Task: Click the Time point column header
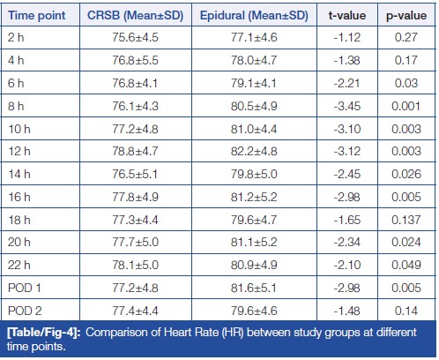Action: [37, 15]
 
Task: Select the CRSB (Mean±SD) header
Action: [135, 16]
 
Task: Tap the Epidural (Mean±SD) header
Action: [254, 16]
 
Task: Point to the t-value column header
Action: [347, 16]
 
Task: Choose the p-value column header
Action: [406, 16]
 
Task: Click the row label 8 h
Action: [16, 106]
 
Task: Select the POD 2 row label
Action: [25, 311]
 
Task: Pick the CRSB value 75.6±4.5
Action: [135, 37]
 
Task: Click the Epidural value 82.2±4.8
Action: [254, 151]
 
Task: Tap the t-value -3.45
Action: [347, 106]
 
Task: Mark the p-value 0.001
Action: [406, 106]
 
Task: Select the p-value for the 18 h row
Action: [406, 220]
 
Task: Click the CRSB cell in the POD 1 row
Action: [135, 288]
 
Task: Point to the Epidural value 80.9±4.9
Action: [254, 265]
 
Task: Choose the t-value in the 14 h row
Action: [347, 174]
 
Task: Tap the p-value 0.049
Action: [406, 265]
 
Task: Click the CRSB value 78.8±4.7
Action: [135, 151]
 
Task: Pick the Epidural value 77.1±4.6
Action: [254, 37]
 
